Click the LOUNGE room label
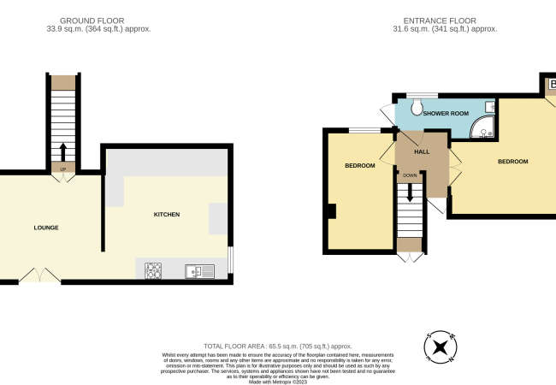[45, 227]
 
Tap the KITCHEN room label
[166, 214]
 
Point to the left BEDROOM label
[359, 165]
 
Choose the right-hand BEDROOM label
[512, 161]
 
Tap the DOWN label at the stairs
[411, 175]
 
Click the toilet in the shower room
[417, 106]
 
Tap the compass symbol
[440, 347]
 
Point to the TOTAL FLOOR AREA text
[277, 346]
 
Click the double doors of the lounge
[39, 275]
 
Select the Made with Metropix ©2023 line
[277, 382]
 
